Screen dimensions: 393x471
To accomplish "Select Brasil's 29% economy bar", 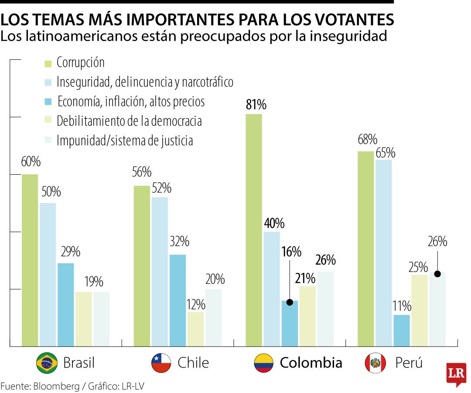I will pos(66,305).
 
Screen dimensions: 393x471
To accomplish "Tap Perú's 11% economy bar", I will pos(402,331).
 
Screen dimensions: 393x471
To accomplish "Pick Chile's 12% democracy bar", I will pos(195,329).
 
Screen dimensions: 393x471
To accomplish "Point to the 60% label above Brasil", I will pos(31,162).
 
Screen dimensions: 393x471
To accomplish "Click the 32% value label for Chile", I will pos(180,241).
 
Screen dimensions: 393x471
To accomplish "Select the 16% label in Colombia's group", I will pos(291,252).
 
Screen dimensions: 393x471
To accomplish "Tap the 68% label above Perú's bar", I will pos(367,140).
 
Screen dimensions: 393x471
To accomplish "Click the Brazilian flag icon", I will pos(47,362).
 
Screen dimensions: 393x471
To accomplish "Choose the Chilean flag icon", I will pos(161,362).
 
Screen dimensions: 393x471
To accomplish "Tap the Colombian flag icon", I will pos(263,362).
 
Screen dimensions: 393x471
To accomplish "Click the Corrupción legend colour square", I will pos(48,63).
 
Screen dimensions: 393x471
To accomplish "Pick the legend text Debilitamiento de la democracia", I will pos(129,121).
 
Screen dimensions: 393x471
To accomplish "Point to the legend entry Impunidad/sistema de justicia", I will pos(125,141).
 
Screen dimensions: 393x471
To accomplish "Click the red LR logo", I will pos(456,374).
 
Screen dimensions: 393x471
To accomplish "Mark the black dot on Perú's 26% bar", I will pos(437,274).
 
